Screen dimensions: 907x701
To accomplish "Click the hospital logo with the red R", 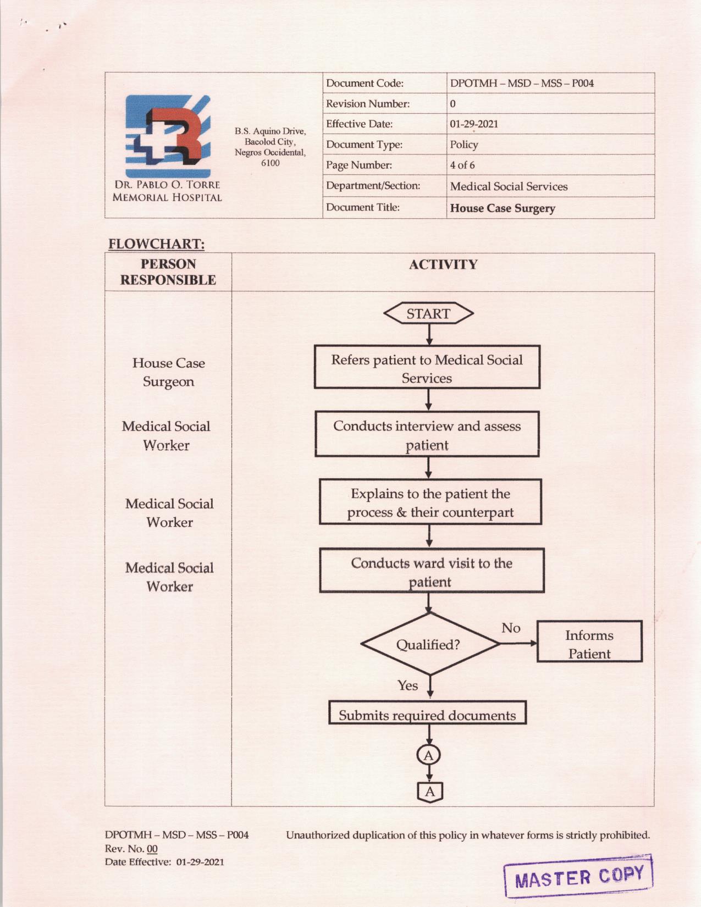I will (x=168, y=136).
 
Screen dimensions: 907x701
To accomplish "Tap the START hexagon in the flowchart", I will (x=428, y=313).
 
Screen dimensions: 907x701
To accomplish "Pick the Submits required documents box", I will (x=427, y=714).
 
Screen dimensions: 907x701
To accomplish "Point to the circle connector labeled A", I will (x=428, y=755).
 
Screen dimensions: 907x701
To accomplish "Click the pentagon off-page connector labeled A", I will (x=429, y=792).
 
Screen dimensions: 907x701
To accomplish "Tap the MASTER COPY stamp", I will (x=578, y=876).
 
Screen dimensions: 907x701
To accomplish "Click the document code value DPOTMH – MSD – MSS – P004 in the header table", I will (x=522, y=84).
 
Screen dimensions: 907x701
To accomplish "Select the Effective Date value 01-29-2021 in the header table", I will (x=474, y=124).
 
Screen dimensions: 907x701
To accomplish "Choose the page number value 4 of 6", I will (x=462, y=165).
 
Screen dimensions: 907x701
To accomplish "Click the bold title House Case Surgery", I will (x=503, y=208).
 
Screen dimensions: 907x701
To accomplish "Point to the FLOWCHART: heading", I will (x=156, y=244).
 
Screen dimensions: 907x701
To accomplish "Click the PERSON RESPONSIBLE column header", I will (x=168, y=272).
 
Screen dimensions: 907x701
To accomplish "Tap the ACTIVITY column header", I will (x=443, y=265).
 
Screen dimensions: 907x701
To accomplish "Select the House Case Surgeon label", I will (x=168, y=372).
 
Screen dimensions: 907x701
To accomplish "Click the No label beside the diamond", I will (x=511, y=628).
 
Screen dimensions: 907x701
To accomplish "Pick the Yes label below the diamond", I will (x=407, y=685).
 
